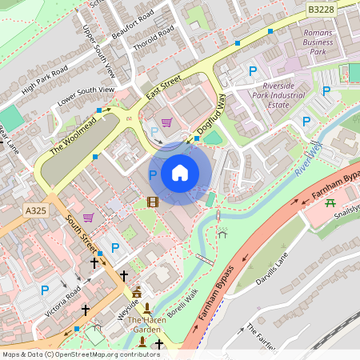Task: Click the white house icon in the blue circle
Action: tap(180, 173)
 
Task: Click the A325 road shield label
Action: tap(36, 210)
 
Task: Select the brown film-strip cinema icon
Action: tap(153, 201)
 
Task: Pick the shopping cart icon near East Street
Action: tap(166, 122)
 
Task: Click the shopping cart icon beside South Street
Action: tap(88, 218)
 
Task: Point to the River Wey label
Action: tap(306, 159)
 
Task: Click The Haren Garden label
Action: tap(146, 324)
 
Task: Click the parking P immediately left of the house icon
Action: tap(152, 174)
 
